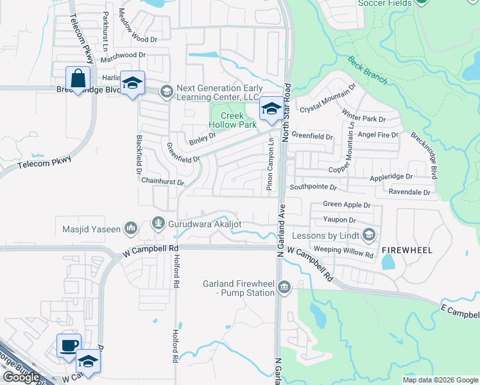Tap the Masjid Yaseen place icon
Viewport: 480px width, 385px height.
click(x=132, y=228)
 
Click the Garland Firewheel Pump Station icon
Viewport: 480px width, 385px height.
click(x=284, y=286)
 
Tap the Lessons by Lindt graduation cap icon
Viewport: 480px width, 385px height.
click(x=369, y=236)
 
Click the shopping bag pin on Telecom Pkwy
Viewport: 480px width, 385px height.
click(x=77, y=79)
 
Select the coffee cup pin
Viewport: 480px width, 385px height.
click(x=69, y=345)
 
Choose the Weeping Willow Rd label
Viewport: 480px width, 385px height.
click(x=343, y=251)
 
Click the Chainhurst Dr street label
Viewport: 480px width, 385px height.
click(x=162, y=182)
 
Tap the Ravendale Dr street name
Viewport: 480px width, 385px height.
click(x=409, y=192)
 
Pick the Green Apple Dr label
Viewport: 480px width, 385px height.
click(x=347, y=205)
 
